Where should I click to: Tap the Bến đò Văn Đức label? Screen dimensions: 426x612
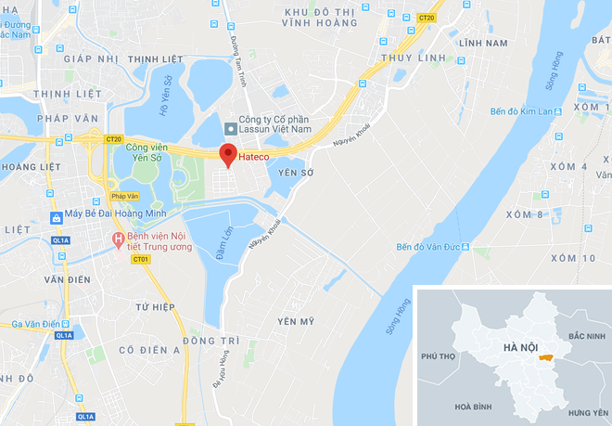point(428,247)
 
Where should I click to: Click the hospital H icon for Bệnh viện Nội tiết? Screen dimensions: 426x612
point(118,239)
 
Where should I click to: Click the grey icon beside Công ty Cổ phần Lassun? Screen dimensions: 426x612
point(230,126)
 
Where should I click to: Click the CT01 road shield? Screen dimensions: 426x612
point(141,260)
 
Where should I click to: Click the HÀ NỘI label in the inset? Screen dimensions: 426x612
point(521,348)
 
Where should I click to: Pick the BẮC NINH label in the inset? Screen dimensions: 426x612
point(586,335)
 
